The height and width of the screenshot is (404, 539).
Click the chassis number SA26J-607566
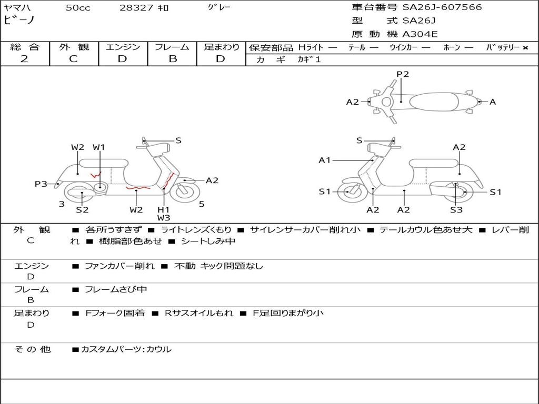tap(442, 7)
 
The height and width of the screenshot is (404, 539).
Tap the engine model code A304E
tap(420, 34)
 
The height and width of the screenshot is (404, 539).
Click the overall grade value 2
tap(24, 59)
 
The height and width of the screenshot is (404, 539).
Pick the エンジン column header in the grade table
tap(123, 47)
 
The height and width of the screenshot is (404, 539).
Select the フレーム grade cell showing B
tap(172, 59)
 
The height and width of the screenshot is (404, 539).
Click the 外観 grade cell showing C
tap(73, 59)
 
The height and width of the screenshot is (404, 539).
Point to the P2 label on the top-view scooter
tap(403, 74)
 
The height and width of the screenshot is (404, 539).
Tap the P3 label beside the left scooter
tap(41, 184)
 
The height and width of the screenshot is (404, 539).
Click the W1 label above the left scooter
tap(99, 147)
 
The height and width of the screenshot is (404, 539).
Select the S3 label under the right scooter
tap(456, 210)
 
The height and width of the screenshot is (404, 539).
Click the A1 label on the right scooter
tap(324, 160)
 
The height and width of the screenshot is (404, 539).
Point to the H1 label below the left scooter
tap(164, 209)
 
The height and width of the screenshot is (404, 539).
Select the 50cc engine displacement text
tap(78, 8)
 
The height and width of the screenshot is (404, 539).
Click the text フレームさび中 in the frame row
tap(116, 289)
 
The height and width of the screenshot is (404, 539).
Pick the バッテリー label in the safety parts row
tap(503, 47)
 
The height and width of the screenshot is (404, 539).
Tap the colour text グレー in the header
tap(219, 7)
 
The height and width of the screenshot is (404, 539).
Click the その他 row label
tap(33, 349)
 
